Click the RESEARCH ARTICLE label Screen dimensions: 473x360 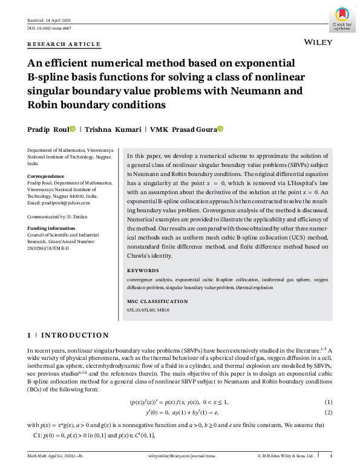tap(64, 44)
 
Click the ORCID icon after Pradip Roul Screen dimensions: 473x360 tap(73, 129)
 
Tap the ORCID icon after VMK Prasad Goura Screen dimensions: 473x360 tap(221, 129)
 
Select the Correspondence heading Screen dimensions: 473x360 tap(46, 176)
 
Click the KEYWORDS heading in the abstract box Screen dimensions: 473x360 tap(143, 270)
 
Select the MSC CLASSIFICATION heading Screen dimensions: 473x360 tap(158, 301)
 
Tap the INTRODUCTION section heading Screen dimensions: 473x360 tap(74, 335)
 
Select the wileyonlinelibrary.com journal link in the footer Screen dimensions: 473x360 tap(180, 455)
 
